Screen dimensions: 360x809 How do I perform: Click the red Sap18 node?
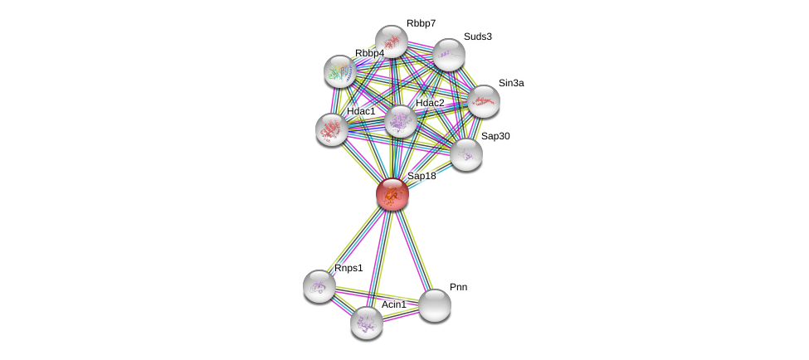coord(392,194)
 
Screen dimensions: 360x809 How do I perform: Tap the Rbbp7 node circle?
coord(391,41)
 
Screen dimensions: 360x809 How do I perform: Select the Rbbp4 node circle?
coord(339,71)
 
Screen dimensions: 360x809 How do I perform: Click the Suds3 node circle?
coord(448,55)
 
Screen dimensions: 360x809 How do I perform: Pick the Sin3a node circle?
coord(483,101)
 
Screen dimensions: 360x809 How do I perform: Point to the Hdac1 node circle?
coord(332,129)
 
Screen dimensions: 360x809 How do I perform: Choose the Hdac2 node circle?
coord(400,121)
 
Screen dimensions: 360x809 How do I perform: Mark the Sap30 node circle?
coord(466,154)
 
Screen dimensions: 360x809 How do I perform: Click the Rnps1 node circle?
coord(319,286)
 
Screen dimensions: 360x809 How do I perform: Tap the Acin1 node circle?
coord(367,323)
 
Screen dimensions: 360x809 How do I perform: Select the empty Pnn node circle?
coord(434,305)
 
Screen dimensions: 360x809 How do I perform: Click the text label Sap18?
coord(422,176)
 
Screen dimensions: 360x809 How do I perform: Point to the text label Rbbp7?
coord(421,23)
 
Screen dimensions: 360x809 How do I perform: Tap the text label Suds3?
coord(477,36)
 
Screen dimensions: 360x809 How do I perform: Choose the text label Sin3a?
coord(511,83)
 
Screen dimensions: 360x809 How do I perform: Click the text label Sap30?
coord(495,136)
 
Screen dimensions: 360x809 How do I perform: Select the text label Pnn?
coord(459,287)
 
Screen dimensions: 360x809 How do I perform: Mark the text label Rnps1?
coord(348,268)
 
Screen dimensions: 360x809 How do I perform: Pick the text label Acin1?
coord(394,304)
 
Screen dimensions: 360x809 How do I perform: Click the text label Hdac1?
coord(361,111)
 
